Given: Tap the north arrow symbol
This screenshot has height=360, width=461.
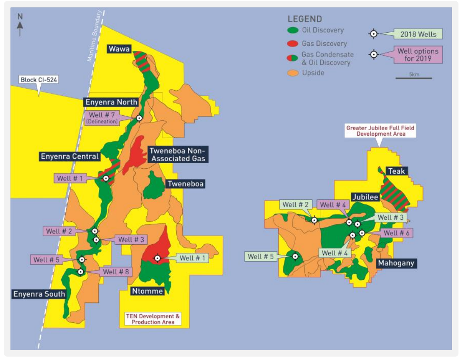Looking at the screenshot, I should pyautogui.click(x=20, y=26).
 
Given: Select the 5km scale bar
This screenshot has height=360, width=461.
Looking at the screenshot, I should pyautogui.click(x=414, y=78).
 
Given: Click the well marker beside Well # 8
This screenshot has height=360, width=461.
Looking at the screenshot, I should pyautogui.click(x=80, y=272).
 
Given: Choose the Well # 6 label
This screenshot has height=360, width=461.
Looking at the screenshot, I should pyautogui.click(x=396, y=233).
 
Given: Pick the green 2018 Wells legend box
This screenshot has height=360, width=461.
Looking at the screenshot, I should pyautogui.click(x=418, y=34).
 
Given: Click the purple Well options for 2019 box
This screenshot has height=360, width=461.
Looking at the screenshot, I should pyautogui.click(x=418, y=55).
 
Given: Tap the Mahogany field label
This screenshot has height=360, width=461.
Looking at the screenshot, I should pyautogui.click(x=395, y=263).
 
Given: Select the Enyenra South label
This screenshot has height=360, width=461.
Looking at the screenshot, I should pyautogui.click(x=39, y=294).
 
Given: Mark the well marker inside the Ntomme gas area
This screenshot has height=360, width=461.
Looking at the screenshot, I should pyautogui.click(x=157, y=258).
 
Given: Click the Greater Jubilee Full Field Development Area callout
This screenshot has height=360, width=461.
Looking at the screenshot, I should pyautogui.click(x=380, y=130).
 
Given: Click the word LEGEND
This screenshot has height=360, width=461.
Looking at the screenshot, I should pyautogui.click(x=305, y=19).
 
